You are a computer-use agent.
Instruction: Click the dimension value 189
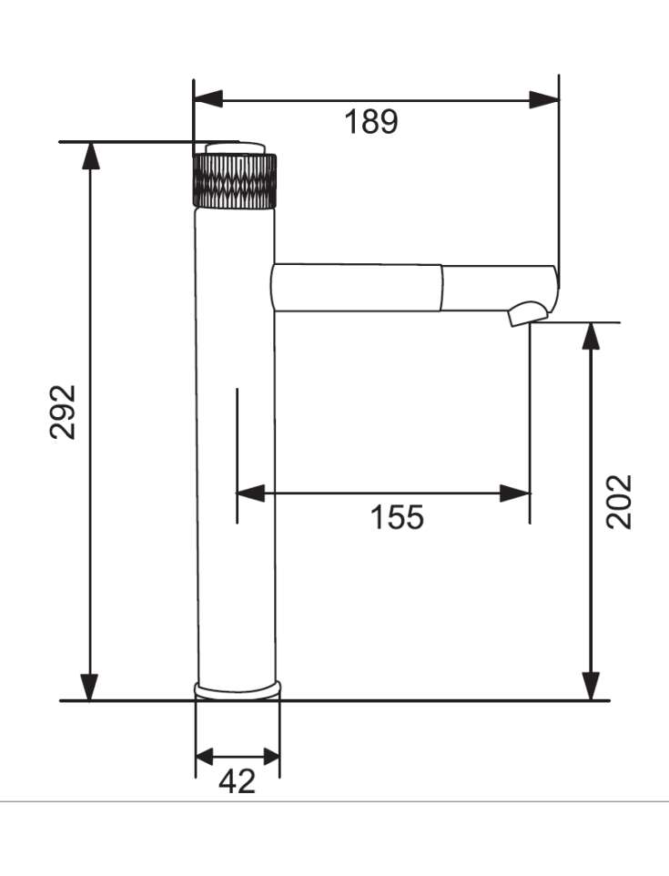370,121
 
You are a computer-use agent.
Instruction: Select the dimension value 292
64,413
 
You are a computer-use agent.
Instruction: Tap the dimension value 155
397,517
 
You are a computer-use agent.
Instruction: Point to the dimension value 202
620,501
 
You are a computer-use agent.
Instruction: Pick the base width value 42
238,780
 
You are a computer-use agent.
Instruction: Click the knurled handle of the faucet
235,179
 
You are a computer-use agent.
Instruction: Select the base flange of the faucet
238,689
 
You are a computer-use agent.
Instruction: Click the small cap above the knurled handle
235,148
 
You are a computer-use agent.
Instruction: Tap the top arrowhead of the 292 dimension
89,156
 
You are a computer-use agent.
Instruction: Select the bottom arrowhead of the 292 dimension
89,687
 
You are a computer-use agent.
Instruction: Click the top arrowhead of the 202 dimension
592,336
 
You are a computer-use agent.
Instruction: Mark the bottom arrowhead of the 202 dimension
592,687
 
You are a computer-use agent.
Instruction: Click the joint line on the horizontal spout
443,288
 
